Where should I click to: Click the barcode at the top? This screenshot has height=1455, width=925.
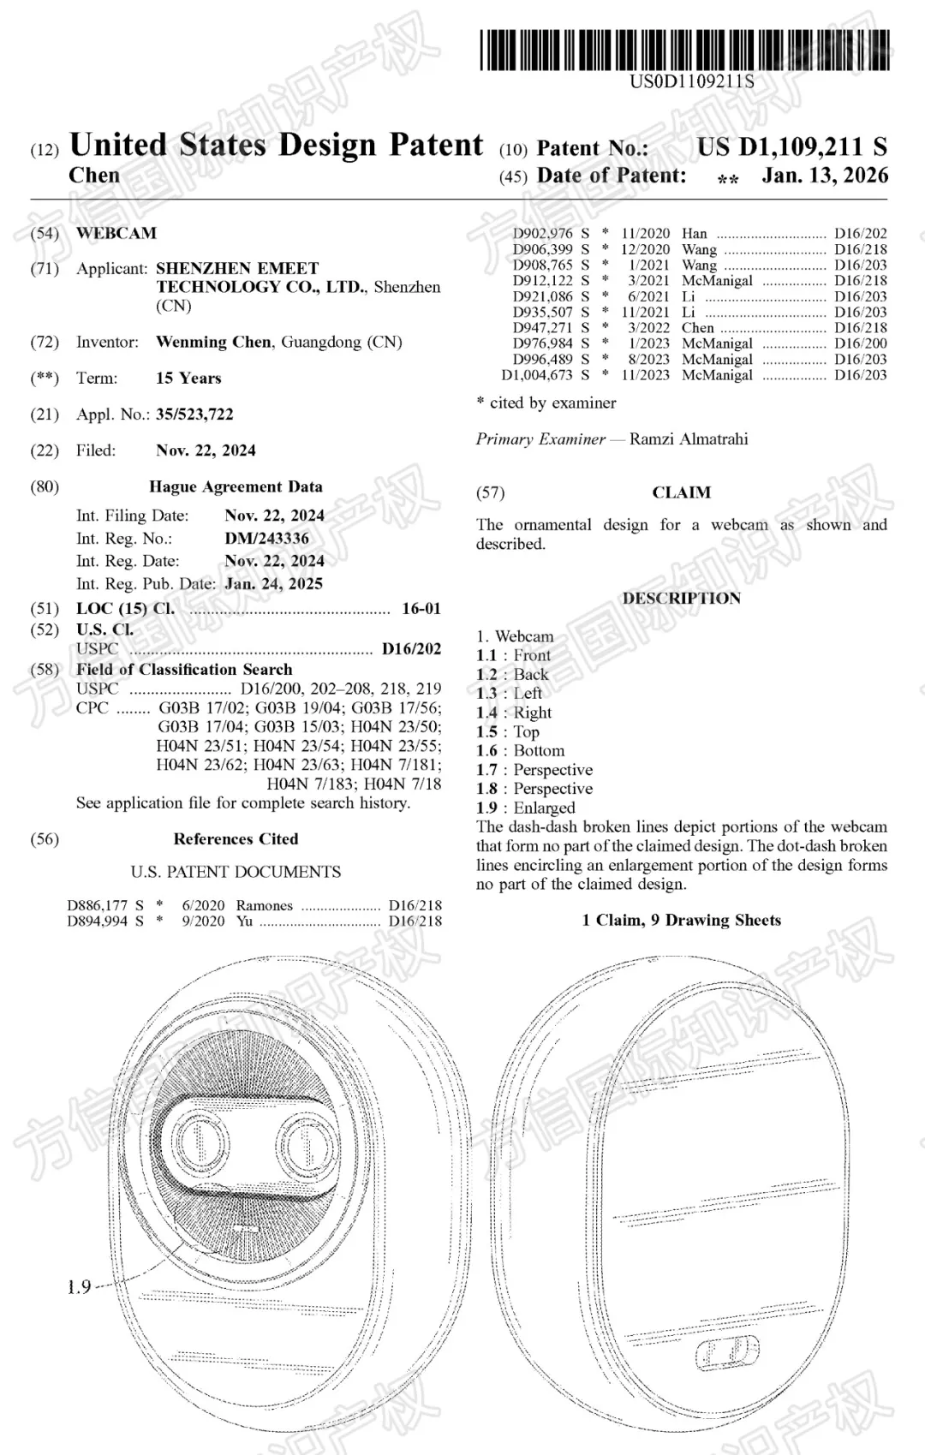tap(685, 50)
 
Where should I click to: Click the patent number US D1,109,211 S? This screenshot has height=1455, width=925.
tap(791, 147)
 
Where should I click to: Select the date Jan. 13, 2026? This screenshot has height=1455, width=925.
tap(825, 176)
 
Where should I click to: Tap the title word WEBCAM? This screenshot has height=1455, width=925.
tap(116, 233)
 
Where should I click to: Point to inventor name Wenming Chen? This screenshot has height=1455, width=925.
tap(213, 342)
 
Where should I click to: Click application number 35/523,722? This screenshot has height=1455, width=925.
tap(194, 414)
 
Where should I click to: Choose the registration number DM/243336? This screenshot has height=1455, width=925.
tap(266, 539)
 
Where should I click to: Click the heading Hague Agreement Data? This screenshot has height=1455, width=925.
tap(236, 486)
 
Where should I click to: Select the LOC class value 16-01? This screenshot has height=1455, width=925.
tap(421, 609)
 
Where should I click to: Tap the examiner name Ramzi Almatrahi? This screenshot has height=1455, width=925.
tap(689, 439)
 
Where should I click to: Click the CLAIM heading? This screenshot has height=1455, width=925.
tap(682, 492)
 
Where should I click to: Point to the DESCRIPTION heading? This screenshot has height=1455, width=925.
tap(682, 599)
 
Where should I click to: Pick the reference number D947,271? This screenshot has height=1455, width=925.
tap(543, 328)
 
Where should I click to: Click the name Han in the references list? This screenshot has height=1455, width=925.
tap(695, 234)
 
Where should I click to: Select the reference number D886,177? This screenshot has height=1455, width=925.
tap(98, 905)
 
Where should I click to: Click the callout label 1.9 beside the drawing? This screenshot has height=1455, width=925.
tap(80, 1287)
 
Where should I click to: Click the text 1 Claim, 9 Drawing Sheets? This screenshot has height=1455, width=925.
tap(682, 921)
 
